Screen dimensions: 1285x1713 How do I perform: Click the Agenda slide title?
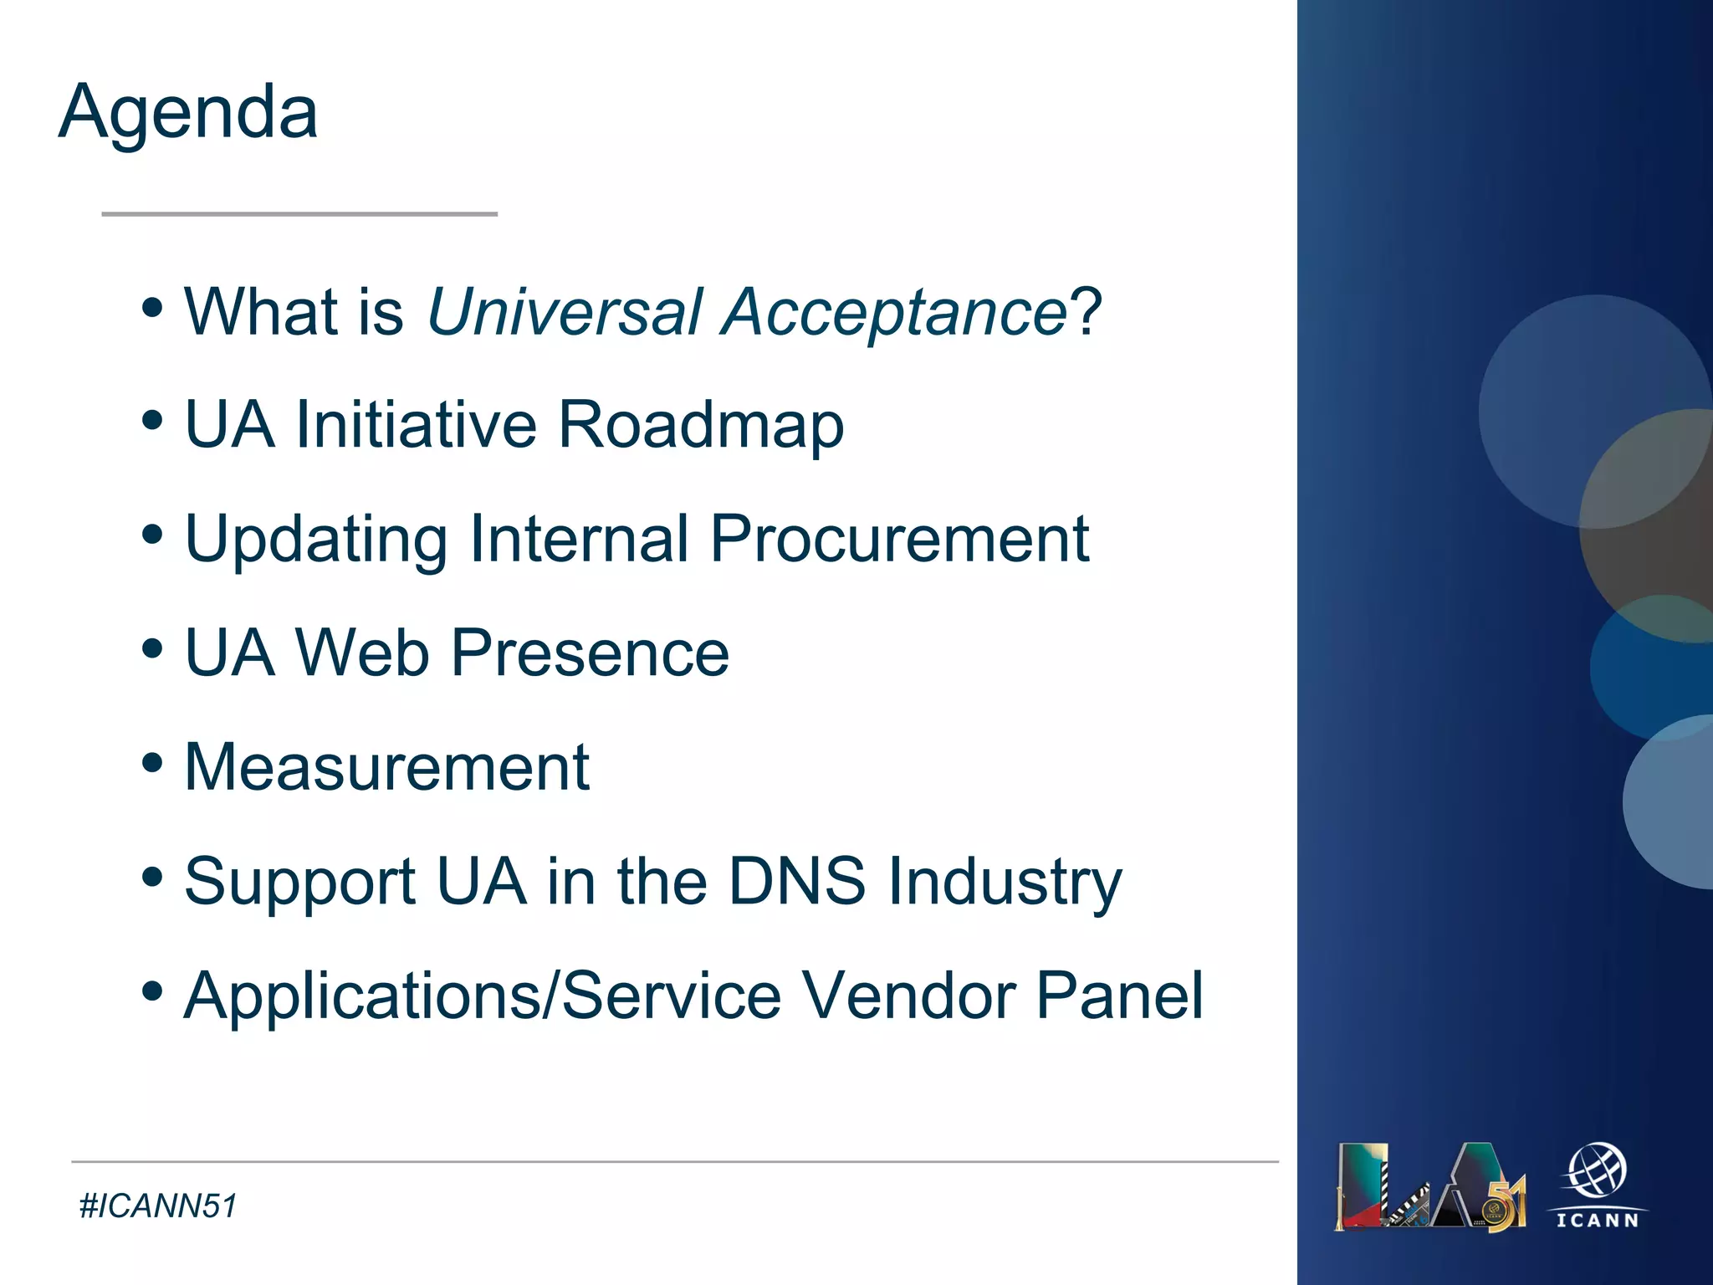[188, 113]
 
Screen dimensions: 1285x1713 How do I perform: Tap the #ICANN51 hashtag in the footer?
[158, 1206]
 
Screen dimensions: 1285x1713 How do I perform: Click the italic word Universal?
[565, 312]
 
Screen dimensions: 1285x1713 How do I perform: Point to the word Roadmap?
[701, 425]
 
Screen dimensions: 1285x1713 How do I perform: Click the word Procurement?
[899, 540]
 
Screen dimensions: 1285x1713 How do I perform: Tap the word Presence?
[590, 653]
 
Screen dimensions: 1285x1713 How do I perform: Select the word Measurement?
[387, 767]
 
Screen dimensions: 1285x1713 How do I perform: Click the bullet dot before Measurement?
[152, 762]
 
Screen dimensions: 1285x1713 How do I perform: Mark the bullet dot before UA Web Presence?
[152, 648]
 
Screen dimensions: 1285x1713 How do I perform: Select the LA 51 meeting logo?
[1430, 1186]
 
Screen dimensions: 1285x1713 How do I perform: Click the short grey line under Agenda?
[299, 214]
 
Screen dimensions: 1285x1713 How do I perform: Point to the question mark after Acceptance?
[1087, 312]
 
